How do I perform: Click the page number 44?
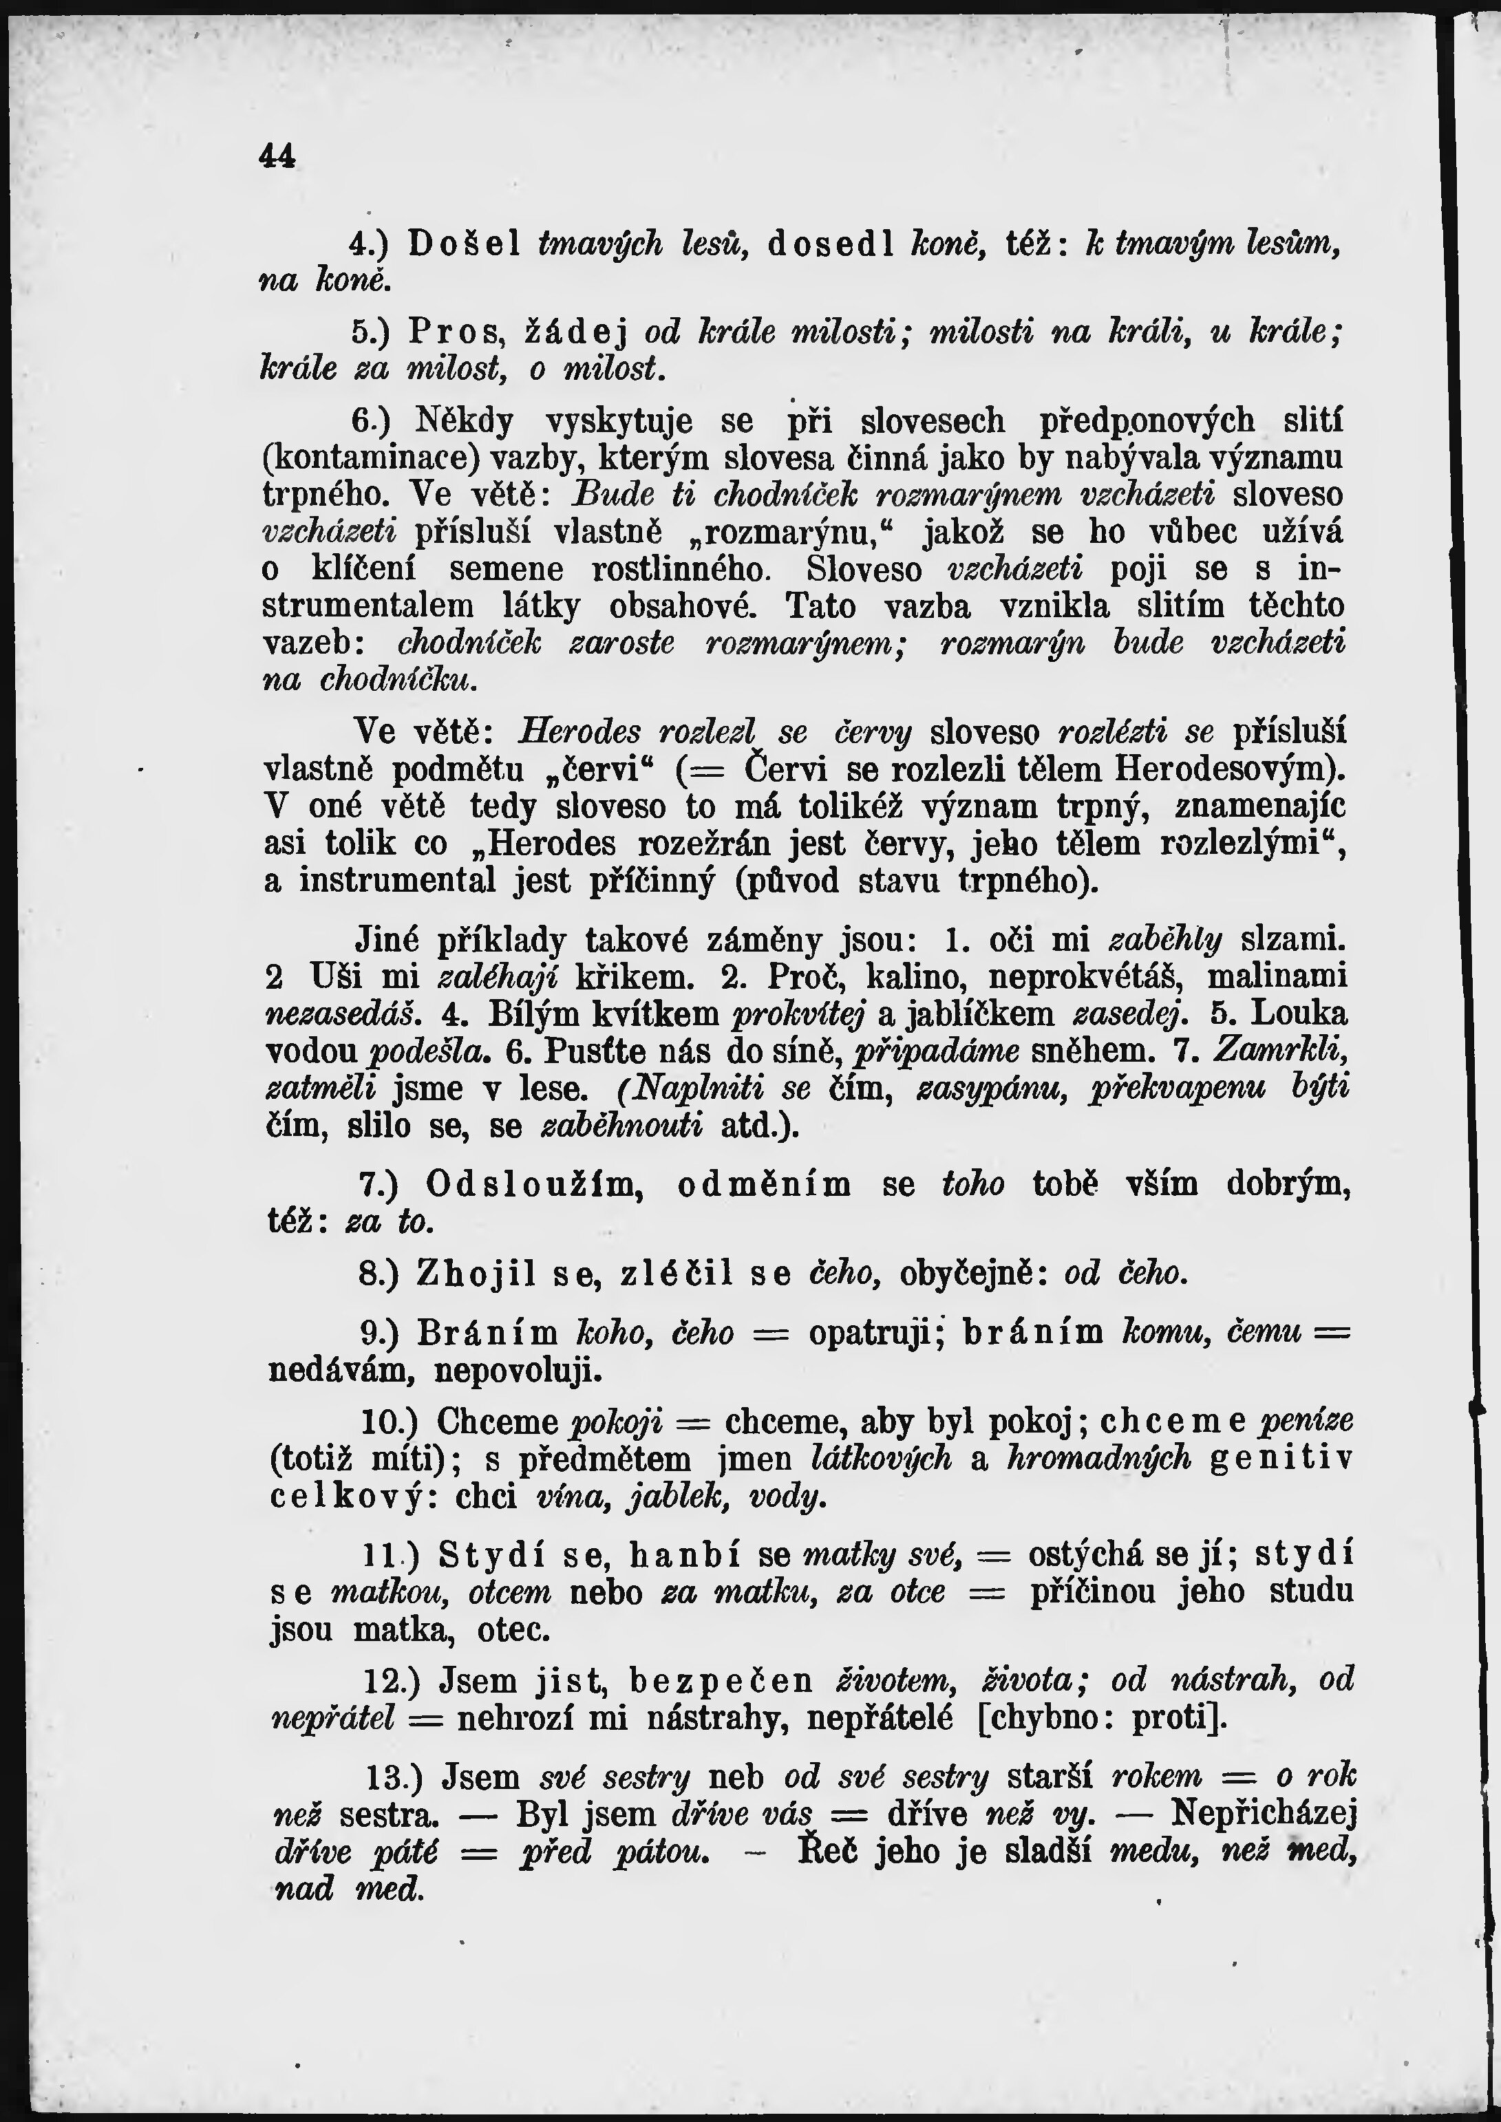(x=278, y=156)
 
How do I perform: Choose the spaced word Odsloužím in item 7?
(x=534, y=1185)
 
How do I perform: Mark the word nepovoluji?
(x=518, y=1371)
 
